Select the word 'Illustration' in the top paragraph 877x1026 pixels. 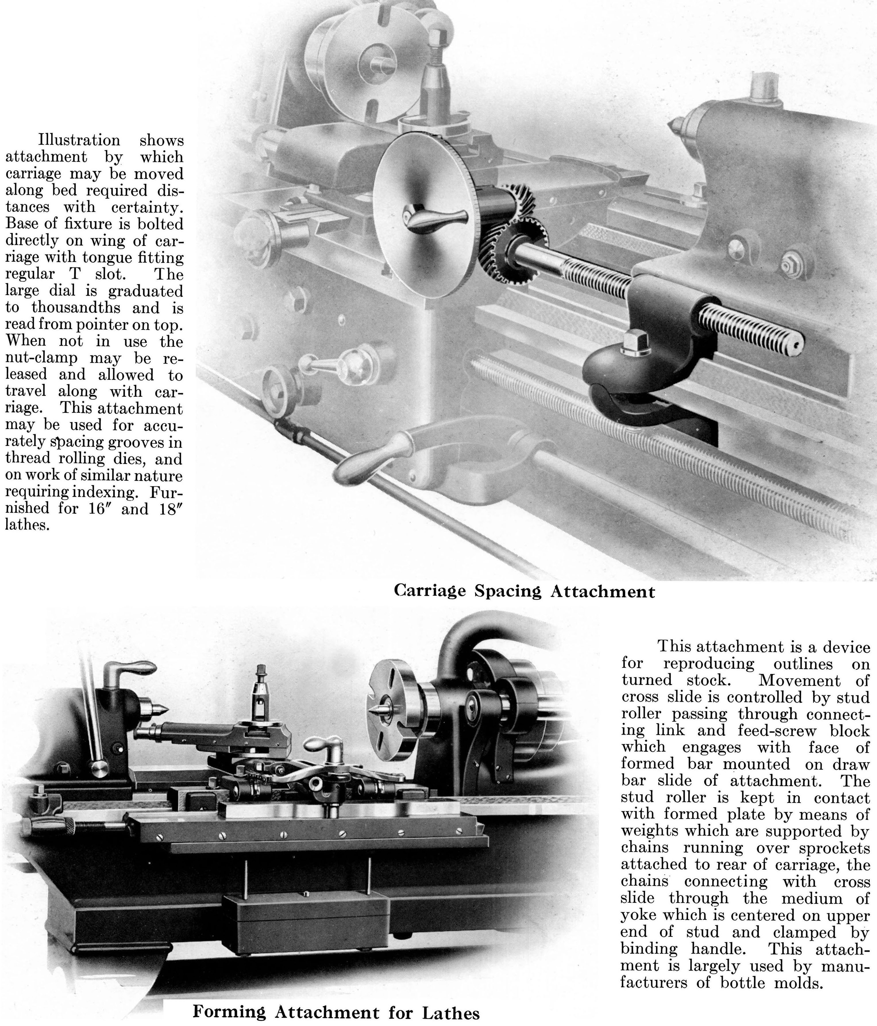(x=79, y=140)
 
